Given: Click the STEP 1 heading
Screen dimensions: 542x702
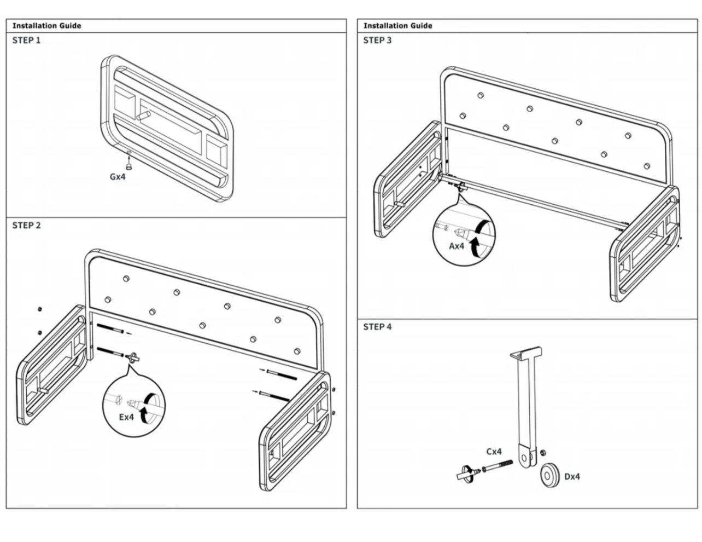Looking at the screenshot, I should (26, 40).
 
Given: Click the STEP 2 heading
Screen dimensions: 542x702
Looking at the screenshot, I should (26, 225).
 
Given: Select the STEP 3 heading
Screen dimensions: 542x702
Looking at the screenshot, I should (377, 40).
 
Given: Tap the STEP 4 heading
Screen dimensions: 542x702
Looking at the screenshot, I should (377, 327).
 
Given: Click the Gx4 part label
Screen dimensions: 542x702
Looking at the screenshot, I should (118, 176).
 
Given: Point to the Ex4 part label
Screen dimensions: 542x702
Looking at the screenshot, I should (126, 417).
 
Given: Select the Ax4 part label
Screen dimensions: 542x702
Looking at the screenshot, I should (457, 246).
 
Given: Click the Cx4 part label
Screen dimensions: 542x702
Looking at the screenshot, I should (494, 452).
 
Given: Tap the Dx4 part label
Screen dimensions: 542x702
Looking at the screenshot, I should (572, 476).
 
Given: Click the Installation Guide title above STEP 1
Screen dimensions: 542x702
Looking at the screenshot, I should (46, 25).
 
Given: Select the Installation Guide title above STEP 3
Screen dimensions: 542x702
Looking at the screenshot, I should (397, 25).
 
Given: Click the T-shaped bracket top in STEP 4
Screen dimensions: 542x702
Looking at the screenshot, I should (526, 353).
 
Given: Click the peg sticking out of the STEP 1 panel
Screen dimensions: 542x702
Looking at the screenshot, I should (144, 115).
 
